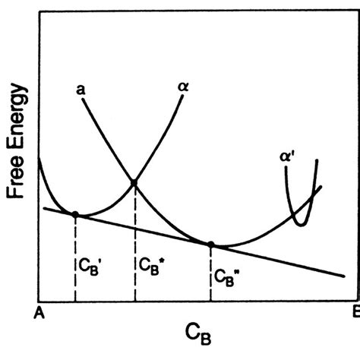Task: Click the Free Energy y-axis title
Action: pyautogui.click(x=16, y=145)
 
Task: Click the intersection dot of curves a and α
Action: pyautogui.click(x=134, y=182)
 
